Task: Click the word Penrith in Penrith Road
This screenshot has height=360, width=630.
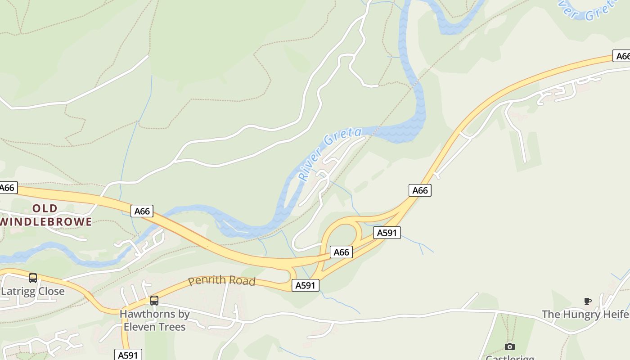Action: [x=205, y=280]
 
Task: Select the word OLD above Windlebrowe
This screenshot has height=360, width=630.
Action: [x=45, y=208]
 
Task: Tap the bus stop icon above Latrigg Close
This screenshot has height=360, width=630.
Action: [x=32, y=278]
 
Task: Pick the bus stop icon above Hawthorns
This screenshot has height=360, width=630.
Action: [x=154, y=301]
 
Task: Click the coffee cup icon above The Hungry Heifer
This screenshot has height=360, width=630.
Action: [x=587, y=301]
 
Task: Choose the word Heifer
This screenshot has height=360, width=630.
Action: [x=616, y=314]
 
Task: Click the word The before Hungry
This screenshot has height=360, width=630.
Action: [x=551, y=314]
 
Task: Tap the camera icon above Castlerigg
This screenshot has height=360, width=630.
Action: [x=509, y=346]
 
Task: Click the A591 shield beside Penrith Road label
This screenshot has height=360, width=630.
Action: [x=306, y=285]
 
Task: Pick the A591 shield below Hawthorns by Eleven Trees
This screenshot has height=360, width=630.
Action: [x=128, y=355]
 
